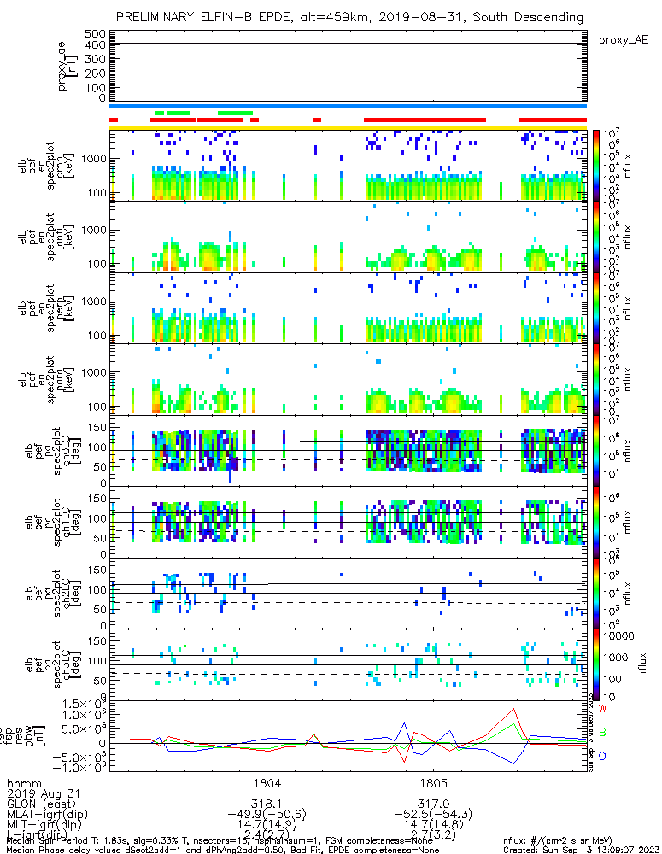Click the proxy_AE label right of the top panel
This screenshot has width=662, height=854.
tap(624, 39)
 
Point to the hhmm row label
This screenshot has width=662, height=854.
tap(24, 782)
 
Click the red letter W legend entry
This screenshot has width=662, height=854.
tap(602, 710)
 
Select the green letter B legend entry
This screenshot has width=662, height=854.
tap(602, 732)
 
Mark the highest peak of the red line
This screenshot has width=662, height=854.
tap(513, 708)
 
